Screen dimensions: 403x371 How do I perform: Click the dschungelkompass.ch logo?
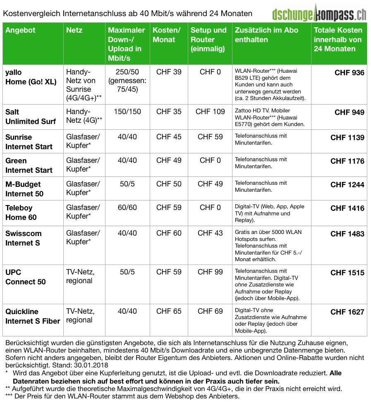click(x=319, y=13)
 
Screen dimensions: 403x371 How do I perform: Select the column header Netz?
click(x=74, y=30)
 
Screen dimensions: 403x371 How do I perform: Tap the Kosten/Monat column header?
click(x=167, y=35)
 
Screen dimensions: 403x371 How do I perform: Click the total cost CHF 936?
click(x=349, y=73)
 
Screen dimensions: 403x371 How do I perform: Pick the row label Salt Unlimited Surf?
click(x=30, y=117)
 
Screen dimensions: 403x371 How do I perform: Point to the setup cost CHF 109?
click(x=210, y=112)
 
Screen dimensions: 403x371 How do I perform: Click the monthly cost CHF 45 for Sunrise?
click(x=169, y=137)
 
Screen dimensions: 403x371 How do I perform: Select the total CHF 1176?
click(x=347, y=161)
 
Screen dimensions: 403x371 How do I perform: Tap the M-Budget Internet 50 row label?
click(x=24, y=189)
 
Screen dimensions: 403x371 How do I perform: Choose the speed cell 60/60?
click(x=127, y=207)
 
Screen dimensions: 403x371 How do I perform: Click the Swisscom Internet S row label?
click(x=23, y=238)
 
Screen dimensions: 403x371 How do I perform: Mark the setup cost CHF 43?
click(x=210, y=233)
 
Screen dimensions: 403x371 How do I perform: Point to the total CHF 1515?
click(x=347, y=273)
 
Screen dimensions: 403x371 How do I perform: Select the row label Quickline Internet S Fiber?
click(x=33, y=316)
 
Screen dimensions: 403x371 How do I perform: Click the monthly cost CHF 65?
click(x=169, y=311)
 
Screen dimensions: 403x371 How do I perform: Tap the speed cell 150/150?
click(x=127, y=112)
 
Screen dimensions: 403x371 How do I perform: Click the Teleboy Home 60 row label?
click(x=21, y=212)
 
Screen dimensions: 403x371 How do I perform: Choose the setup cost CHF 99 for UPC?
click(x=210, y=272)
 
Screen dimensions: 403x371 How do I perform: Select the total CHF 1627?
click(x=347, y=312)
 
